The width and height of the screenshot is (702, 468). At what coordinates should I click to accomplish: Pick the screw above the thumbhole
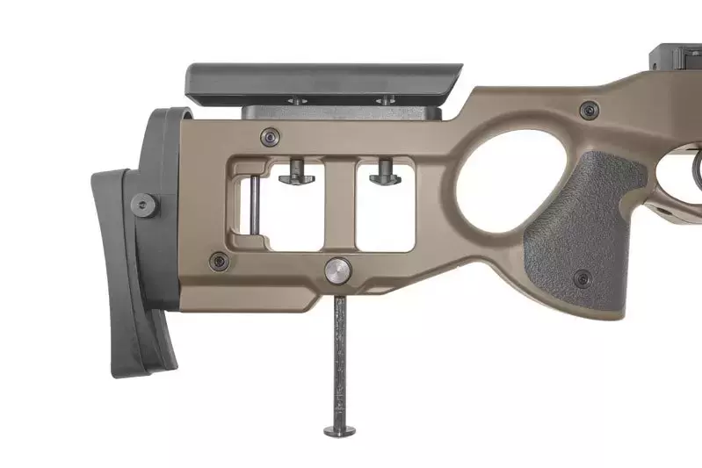click(x=587, y=110)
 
